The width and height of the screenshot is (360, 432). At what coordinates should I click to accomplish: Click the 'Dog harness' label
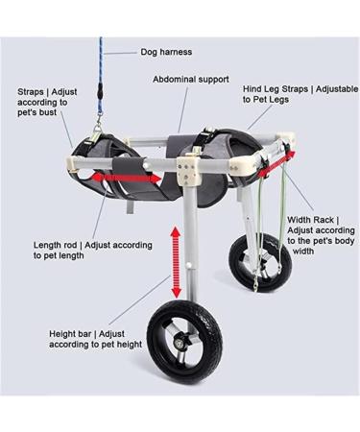pos(164,52)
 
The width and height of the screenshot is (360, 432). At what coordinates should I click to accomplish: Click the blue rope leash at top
pos(98,58)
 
